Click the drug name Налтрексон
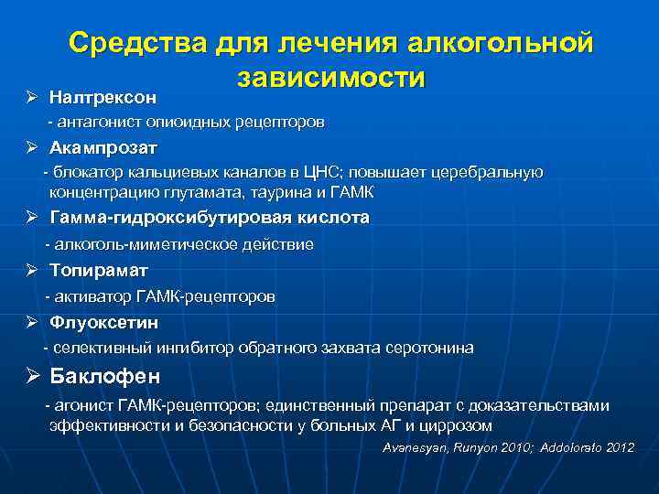(x=103, y=96)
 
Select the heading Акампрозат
(x=103, y=147)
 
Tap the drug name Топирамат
(x=98, y=271)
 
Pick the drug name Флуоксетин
(x=103, y=322)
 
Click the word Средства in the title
(x=138, y=43)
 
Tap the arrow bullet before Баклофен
(x=33, y=376)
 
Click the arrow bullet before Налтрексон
(x=33, y=96)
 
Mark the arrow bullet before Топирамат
(x=33, y=271)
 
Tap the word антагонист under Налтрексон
(x=95, y=122)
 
